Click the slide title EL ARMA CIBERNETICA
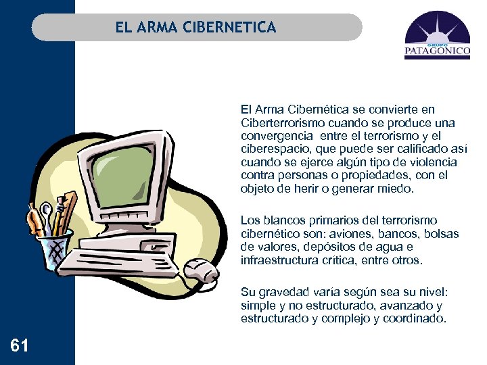tap(195, 28)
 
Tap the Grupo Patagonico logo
tap(437, 39)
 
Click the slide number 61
tap(20, 346)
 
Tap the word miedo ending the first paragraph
tap(396, 189)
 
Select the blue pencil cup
tap(55, 249)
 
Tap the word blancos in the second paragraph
tap(283, 220)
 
